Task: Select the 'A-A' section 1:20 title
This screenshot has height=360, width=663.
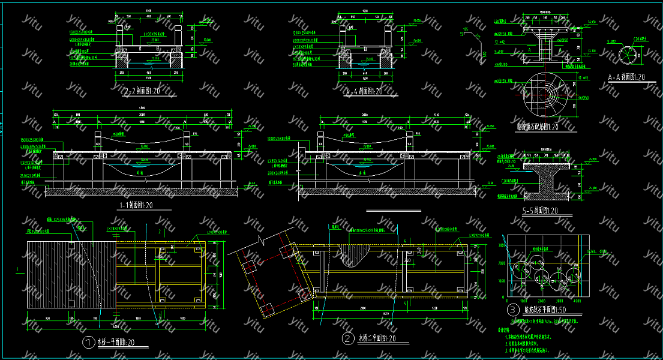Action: tap(626, 77)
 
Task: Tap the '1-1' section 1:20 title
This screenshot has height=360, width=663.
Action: tap(137, 206)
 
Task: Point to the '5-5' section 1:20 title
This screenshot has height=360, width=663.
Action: tap(540, 211)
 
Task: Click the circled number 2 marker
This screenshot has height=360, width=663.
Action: tap(348, 338)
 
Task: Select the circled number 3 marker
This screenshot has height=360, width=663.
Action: tap(513, 310)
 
